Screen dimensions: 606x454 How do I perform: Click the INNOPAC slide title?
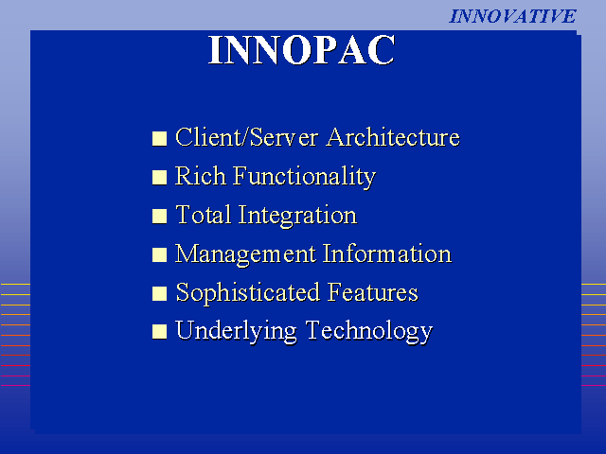(x=301, y=50)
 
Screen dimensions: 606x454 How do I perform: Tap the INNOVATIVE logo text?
(x=512, y=16)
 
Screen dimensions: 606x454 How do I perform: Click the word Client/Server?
(x=247, y=137)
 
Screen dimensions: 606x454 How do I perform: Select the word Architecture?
(x=393, y=137)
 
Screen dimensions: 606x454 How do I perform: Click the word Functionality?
(x=304, y=178)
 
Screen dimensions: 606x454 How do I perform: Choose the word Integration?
(x=297, y=217)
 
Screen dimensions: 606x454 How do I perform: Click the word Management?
(x=246, y=254)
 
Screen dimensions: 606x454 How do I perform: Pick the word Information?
(x=387, y=253)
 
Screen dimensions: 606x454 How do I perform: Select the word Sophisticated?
(x=248, y=293)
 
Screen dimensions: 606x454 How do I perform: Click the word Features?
(x=373, y=292)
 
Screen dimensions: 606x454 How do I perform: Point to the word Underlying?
(x=236, y=332)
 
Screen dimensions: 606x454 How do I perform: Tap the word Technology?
(x=369, y=332)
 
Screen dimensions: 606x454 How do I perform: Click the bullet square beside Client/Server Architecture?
(x=159, y=139)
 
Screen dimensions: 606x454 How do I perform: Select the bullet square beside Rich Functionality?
(x=159, y=178)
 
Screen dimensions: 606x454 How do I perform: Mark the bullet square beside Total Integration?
(x=159, y=217)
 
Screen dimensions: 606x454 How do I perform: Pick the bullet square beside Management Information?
(x=159, y=254)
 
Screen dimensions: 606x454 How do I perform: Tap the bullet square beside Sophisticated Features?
(x=159, y=293)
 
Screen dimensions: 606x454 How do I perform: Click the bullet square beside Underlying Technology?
(x=159, y=332)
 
